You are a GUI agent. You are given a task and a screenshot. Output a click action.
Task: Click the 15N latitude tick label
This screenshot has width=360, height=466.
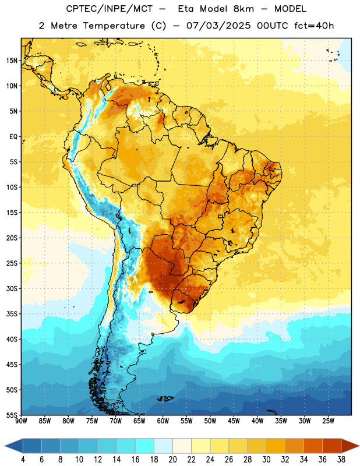(11, 61)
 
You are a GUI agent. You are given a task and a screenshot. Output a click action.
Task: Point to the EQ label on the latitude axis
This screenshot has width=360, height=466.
(13, 137)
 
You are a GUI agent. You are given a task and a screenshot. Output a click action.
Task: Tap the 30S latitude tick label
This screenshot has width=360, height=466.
(12, 288)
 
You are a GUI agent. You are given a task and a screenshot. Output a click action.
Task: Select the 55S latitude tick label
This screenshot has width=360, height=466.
(12, 415)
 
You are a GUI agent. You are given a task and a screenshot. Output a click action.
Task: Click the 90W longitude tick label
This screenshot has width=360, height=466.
(22, 421)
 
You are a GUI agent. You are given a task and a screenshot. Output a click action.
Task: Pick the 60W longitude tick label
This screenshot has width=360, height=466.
(163, 421)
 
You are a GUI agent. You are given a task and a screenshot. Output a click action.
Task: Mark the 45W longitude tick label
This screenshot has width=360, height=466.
(234, 421)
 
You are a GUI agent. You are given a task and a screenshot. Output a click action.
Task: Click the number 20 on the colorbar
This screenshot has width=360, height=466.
(172, 460)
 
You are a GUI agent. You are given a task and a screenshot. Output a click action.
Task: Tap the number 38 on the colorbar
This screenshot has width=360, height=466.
(341, 460)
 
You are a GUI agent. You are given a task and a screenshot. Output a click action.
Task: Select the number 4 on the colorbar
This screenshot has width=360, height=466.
(23, 460)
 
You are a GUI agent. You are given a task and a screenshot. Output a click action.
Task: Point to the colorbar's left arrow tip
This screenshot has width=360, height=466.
(5, 446)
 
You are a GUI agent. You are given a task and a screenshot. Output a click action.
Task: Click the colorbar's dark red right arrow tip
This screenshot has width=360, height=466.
(359, 446)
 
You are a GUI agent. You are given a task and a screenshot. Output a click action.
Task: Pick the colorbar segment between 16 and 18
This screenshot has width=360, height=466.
(145, 446)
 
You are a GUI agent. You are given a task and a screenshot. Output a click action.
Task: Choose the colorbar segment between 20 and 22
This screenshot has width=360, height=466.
(182, 446)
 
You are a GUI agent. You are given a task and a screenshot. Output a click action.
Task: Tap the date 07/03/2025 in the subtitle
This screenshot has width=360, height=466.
(218, 26)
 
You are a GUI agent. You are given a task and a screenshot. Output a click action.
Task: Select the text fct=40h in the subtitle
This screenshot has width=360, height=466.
(314, 26)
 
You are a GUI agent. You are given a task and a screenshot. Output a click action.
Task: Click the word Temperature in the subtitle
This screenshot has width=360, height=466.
(114, 26)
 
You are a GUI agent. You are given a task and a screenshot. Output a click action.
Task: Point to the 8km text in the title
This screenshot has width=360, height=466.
(243, 9)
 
